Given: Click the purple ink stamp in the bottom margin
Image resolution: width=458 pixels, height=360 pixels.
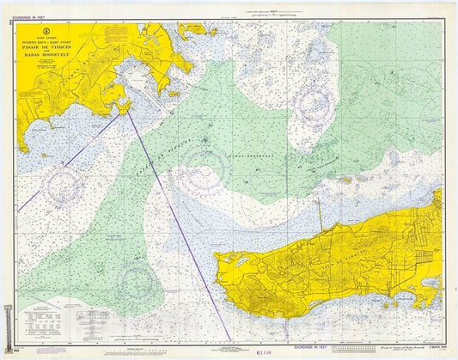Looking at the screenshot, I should [x=267, y=351].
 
